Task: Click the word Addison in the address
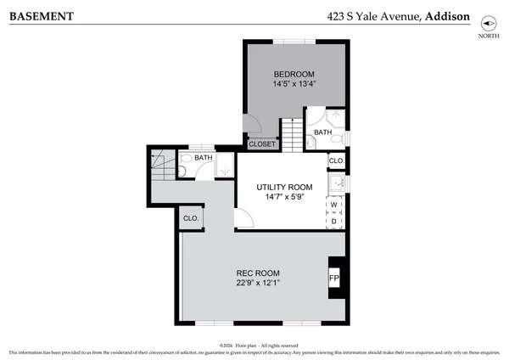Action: point(447,15)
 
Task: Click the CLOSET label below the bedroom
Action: point(262,144)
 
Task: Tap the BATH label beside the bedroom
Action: point(322,132)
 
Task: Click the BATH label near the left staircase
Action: point(204,157)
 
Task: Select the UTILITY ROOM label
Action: point(284,187)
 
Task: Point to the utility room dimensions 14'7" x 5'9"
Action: point(284,198)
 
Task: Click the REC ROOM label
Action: point(256,273)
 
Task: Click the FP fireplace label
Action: point(333,278)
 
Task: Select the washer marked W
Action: point(334,205)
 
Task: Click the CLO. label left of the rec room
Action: point(190,218)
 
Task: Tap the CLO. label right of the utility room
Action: point(335,160)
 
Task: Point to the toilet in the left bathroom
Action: point(184,171)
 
